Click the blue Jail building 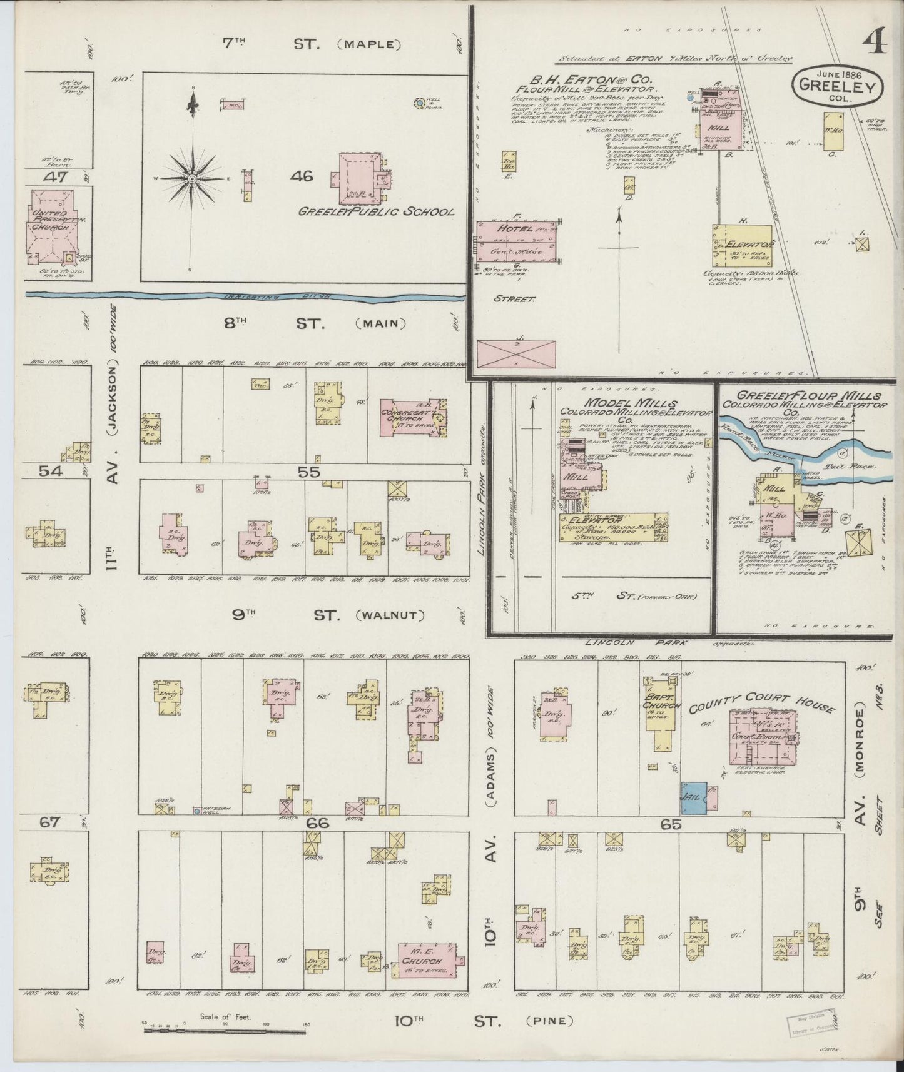(694, 797)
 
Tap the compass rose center (192, 179)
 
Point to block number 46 (302, 177)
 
